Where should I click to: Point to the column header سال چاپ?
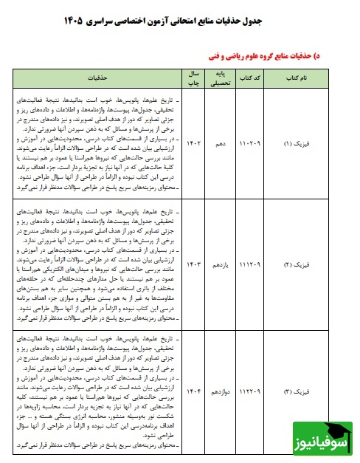(x=193, y=76)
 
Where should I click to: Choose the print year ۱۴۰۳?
(x=193, y=261)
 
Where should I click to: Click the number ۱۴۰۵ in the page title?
(x=83, y=16)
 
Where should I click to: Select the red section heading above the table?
(x=277, y=54)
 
